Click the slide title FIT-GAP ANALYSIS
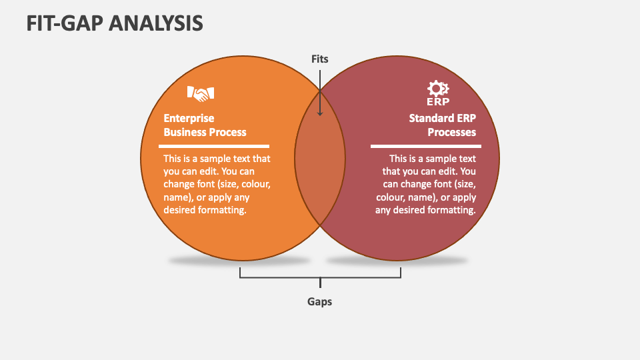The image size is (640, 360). point(115,23)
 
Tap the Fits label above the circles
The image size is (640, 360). point(320,59)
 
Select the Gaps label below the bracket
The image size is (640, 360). point(320,301)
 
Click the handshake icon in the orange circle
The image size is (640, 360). point(200,94)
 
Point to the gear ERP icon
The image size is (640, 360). point(438,93)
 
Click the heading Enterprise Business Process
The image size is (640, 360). point(205,125)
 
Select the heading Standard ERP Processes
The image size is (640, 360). point(443,125)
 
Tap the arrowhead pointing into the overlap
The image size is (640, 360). point(320,112)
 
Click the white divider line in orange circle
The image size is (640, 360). point(217,146)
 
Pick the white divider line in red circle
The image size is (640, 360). point(423,146)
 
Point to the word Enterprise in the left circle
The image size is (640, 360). point(189,119)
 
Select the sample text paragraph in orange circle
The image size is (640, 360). point(217,184)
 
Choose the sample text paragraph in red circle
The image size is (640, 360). point(425,184)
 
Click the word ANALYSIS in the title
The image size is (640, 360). point(160,23)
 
